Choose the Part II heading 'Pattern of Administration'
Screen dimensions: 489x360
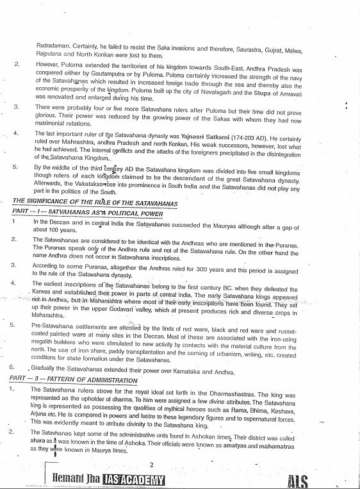(x=73, y=380)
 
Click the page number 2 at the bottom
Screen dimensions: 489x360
(x=150, y=465)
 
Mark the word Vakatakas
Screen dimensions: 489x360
(x=82, y=188)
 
